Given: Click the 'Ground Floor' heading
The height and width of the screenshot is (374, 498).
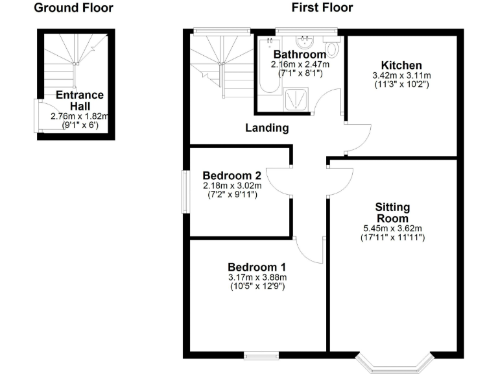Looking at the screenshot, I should tap(73, 8).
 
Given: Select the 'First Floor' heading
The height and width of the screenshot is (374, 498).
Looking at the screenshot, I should tap(322, 8).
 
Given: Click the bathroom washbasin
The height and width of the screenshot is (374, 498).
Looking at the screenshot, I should tap(309, 42).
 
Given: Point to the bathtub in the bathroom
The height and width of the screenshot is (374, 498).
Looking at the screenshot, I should tap(265, 75).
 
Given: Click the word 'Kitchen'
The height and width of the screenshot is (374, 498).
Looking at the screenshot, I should tap(401, 66).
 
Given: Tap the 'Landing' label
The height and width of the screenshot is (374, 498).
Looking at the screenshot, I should tap(267, 128).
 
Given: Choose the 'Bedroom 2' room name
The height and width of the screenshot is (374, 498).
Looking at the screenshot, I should tap(231, 175).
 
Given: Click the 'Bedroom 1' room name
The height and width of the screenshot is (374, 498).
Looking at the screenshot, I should tap(256, 267).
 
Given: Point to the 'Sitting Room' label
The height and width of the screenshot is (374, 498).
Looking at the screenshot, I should tap(392, 212).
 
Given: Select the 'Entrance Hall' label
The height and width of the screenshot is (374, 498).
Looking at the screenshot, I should tap(80, 100).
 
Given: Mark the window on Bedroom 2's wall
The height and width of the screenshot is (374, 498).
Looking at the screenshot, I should tap(185, 191).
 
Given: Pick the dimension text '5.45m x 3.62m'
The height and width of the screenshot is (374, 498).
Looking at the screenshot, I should tap(392, 229).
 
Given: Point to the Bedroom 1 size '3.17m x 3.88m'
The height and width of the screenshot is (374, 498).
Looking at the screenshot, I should tap(256, 277).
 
